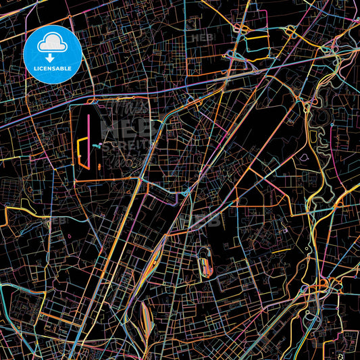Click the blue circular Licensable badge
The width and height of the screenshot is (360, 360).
point(53,54)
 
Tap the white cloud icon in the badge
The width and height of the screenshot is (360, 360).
point(53,44)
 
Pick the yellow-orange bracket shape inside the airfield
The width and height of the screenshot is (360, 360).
point(82,152)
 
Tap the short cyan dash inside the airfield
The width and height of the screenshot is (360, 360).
point(98,145)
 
